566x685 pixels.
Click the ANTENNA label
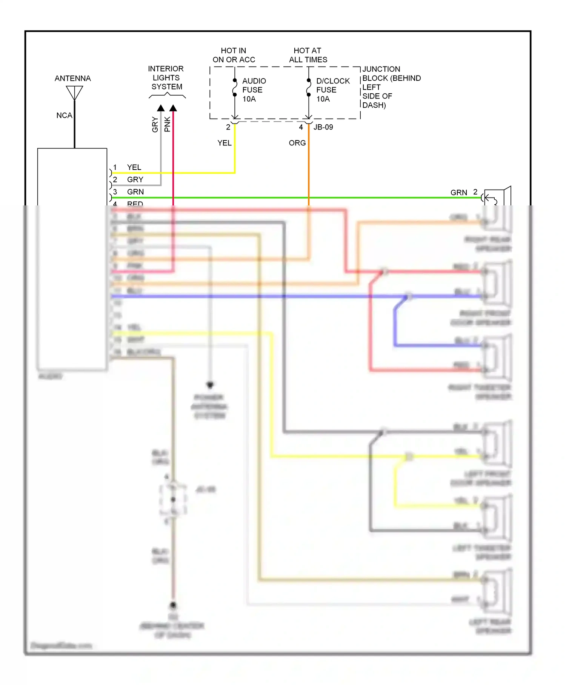pyautogui.click(x=72, y=79)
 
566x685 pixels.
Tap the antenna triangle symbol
pyautogui.click(x=74, y=92)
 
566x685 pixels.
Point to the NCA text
pyautogui.click(x=64, y=116)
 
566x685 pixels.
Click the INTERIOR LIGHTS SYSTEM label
pyautogui.click(x=166, y=78)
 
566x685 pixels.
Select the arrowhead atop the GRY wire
pyautogui.click(x=161, y=108)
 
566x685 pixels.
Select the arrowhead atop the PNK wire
pyautogui.click(x=173, y=108)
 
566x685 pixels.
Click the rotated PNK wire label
pyautogui.click(x=168, y=124)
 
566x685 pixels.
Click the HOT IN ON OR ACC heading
pyautogui.click(x=234, y=55)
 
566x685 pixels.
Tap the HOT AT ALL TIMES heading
pyautogui.click(x=308, y=55)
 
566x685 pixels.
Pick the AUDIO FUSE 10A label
pyautogui.click(x=254, y=90)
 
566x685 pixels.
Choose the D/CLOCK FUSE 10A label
pyautogui.click(x=332, y=90)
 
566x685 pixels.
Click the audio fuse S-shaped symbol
pyautogui.click(x=235, y=88)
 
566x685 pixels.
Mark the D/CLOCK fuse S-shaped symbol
pyautogui.click(x=309, y=88)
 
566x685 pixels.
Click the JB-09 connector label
pyautogui.click(x=323, y=127)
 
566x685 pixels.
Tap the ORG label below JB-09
pyautogui.click(x=297, y=143)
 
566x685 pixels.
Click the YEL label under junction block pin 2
pyautogui.click(x=225, y=143)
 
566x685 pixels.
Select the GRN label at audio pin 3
pyautogui.click(x=135, y=192)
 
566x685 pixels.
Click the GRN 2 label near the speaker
pyautogui.click(x=463, y=193)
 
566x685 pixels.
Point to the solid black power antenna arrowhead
pyautogui.click(x=210, y=385)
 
